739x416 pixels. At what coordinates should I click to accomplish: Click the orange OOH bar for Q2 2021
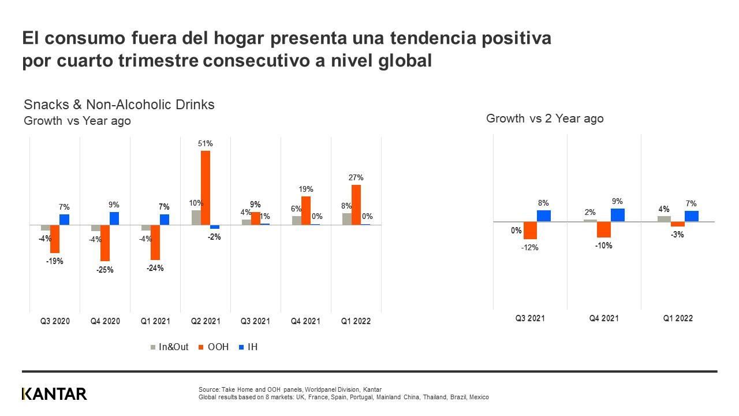click(206, 188)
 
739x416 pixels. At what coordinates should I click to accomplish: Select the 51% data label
click(206, 143)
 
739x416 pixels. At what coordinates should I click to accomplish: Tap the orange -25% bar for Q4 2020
click(105, 243)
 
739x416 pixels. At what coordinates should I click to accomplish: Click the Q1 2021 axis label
click(155, 321)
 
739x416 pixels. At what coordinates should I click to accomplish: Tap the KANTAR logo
click(54, 394)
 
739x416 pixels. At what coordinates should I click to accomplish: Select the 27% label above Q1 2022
click(356, 177)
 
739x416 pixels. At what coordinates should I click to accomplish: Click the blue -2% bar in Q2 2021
click(215, 226)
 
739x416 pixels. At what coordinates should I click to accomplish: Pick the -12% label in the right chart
click(529, 247)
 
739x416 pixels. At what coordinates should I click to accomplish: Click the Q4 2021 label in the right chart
click(604, 318)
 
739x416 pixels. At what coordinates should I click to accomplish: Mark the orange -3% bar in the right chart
click(678, 224)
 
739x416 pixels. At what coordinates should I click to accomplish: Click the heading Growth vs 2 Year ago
click(544, 118)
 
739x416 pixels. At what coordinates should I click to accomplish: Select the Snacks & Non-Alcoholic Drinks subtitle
click(119, 105)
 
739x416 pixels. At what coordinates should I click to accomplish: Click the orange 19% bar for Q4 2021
click(306, 210)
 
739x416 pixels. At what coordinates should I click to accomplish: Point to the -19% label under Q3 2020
click(55, 261)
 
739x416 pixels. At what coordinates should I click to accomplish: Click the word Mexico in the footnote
click(479, 398)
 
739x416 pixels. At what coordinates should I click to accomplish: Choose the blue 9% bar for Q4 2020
click(114, 218)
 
